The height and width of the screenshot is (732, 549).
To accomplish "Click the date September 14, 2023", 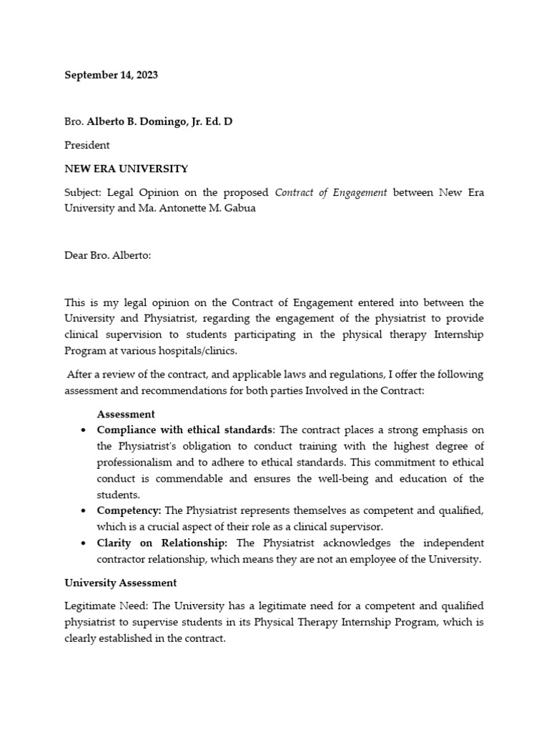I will (x=111, y=75).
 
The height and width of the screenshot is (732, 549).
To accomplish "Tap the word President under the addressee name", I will (x=87, y=145).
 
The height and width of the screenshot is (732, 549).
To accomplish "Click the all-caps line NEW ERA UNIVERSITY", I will (x=127, y=169).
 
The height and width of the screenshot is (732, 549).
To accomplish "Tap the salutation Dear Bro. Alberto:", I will (x=108, y=255).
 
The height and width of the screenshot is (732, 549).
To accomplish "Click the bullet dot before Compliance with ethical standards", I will (x=84, y=430).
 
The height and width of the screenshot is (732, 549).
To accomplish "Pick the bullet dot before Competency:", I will (x=84, y=510).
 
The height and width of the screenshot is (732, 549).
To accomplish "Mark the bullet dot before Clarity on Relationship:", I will (x=84, y=543).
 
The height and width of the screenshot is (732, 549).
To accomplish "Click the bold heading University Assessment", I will (x=121, y=583).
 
